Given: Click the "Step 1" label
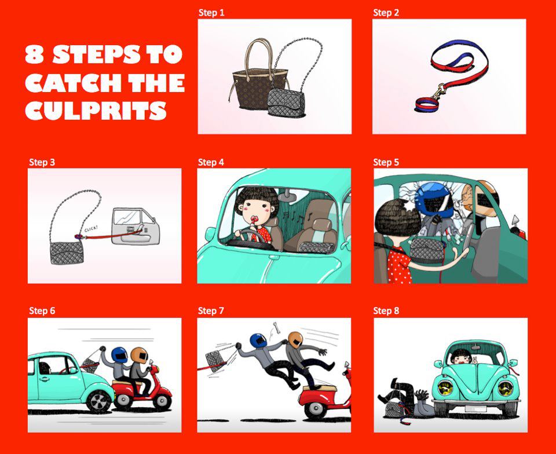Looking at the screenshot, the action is tap(211, 13).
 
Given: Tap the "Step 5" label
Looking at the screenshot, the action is tap(386, 162).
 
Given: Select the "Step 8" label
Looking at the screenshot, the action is tap(386, 311).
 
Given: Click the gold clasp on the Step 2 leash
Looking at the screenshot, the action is tap(438, 91).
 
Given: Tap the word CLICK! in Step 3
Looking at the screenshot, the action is tap(91, 229).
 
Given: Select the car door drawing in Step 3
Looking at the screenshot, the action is tap(136, 226).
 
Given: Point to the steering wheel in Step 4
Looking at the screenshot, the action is tap(248, 236).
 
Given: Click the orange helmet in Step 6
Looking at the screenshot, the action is tap(139, 355).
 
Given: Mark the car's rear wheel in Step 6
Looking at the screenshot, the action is tap(98, 401).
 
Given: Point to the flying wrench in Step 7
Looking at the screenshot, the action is tap(276, 328).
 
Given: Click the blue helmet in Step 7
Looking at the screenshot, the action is tap(259, 340).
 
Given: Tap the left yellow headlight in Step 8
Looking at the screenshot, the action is tap(445, 388).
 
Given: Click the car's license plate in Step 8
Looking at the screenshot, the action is tap(475, 409).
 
